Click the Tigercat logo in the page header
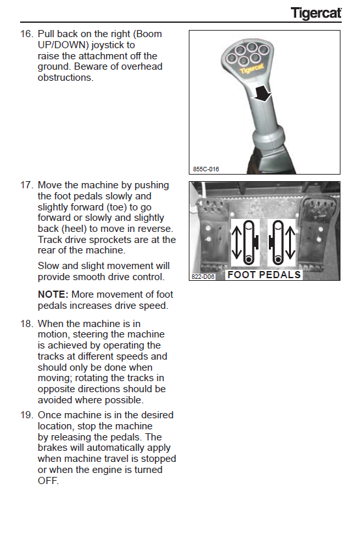pyautogui.click(x=316, y=13)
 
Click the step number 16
pyautogui.click(x=27, y=34)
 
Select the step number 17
pyautogui.click(x=27, y=185)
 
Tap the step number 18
pyautogui.click(x=27, y=324)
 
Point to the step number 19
pyautogui.click(x=27, y=415)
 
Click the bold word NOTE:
pyautogui.click(x=53, y=294)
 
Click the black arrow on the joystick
pyautogui.click(x=262, y=93)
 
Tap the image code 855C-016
pyautogui.click(x=206, y=169)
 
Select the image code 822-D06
pyautogui.click(x=203, y=277)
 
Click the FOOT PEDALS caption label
pyautogui.click(x=264, y=275)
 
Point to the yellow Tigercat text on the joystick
pyautogui.click(x=252, y=68)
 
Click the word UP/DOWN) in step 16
pyautogui.click(x=63, y=45)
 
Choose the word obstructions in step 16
pyautogui.click(x=66, y=78)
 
